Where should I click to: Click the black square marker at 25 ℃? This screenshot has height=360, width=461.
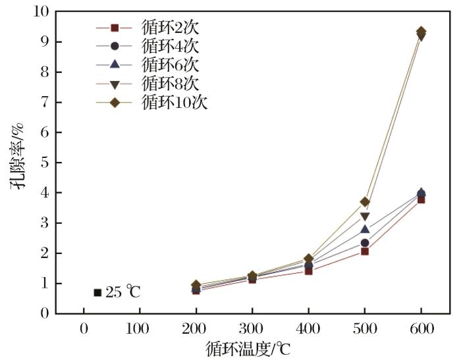(97, 292)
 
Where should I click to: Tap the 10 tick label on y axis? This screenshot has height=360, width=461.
(41, 12)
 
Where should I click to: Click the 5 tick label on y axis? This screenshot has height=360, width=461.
(45, 163)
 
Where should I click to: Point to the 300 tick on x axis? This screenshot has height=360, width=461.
(252, 328)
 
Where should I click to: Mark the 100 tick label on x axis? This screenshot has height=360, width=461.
(140, 328)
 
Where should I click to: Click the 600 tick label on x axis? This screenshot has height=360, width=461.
(421, 328)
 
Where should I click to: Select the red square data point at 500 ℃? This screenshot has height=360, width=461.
(365, 251)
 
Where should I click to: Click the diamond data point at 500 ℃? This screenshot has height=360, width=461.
(365, 202)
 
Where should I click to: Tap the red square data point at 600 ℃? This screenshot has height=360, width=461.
(421, 199)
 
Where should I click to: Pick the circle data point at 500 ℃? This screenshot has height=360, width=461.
(365, 243)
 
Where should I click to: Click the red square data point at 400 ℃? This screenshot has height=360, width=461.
(308, 270)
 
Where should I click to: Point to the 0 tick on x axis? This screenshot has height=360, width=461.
(84, 328)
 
